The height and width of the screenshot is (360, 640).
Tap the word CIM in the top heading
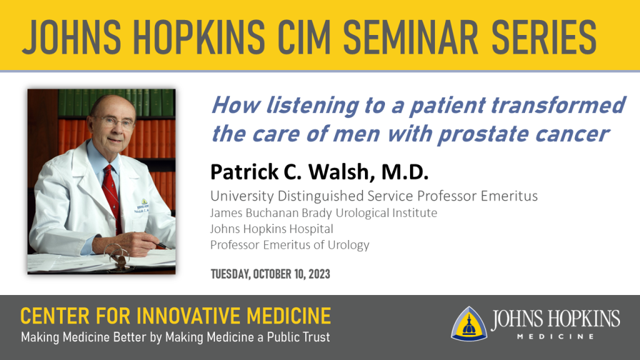304,37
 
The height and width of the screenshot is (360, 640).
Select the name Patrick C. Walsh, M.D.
319,172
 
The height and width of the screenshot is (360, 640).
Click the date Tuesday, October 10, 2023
270,274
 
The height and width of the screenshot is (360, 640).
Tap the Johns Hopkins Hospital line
271,229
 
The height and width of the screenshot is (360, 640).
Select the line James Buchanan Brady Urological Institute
324,212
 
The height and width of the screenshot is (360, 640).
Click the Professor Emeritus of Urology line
290,244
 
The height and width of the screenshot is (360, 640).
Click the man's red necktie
112,195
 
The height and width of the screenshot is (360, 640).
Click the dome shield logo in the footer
469,324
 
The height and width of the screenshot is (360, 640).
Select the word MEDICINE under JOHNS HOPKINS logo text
556,337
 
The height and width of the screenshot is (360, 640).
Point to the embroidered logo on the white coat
143,206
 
